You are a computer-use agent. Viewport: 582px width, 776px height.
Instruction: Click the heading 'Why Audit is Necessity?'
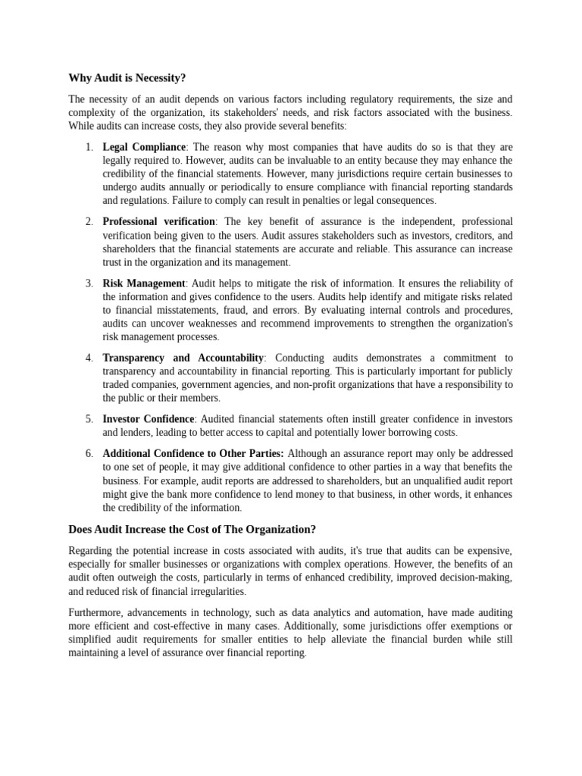click(x=127, y=77)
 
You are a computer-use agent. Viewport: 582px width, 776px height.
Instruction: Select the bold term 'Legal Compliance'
click(x=144, y=147)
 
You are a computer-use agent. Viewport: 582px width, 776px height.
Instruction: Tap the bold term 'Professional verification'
click(x=159, y=221)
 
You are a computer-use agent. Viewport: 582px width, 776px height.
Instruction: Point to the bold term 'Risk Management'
click(x=144, y=283)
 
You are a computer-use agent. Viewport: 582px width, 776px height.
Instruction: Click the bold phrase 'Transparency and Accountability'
click(x=183, y=358)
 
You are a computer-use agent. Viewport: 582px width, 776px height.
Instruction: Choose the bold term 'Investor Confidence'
click(x=149, y=419)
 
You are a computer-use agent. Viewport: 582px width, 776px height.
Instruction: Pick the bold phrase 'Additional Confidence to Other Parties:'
click(x=193, y=453)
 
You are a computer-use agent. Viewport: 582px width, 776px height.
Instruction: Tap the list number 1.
click(x=89, y=147)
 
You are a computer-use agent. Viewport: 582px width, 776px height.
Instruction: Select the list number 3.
click(x=89, y=283)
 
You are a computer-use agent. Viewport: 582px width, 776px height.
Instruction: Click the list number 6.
click(x=89, y=453)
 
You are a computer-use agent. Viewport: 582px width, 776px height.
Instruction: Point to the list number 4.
click(x=89, y=358)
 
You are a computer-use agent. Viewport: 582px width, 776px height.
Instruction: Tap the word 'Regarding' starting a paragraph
click(x=92, y=550)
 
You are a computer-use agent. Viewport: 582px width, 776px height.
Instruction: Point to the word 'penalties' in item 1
click(x=336, y=201)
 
